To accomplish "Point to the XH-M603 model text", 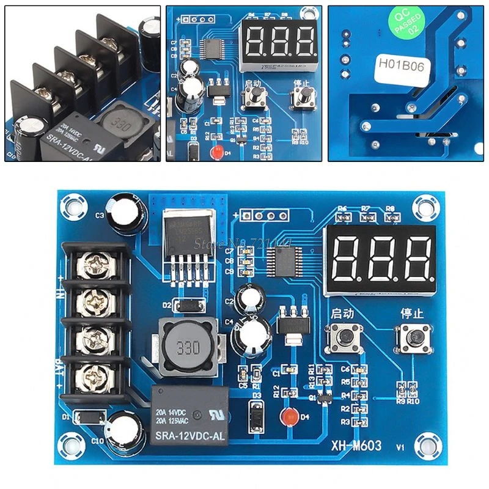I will click(356, 446).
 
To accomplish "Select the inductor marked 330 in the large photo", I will click(188, 349).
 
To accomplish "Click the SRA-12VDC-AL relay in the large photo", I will click(188, 416).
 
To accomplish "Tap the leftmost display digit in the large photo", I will click(350, 257).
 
